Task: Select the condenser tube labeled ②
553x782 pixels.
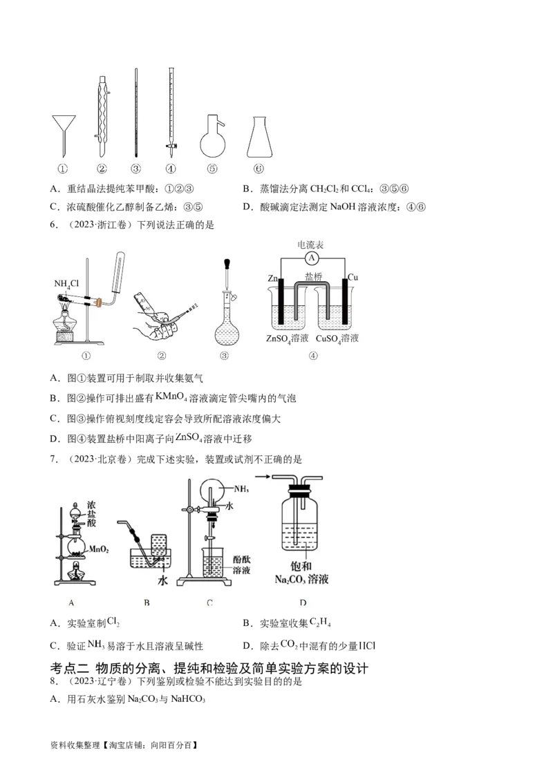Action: [x=102, y=117]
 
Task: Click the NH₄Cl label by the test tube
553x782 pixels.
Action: [x=66, y=284]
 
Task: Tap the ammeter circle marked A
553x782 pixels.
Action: [x=312, y=258]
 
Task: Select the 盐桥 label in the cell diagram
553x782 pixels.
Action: [x=313, y=277]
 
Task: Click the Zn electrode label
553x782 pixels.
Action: [x=272, y=278]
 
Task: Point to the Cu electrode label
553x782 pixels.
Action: [x=353, y=277]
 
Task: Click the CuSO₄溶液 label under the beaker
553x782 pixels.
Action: [x=337, y=338]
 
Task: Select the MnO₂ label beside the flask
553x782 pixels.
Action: [x=99, y=550]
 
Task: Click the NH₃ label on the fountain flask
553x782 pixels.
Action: [x=241, y=489]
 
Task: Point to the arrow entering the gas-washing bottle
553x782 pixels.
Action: [x=277, y=477]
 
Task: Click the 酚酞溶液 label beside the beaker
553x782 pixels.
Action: [x=241, y=564]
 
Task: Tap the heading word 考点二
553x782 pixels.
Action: [x=69, y=669]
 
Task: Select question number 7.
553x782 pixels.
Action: [x=54, y=459]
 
